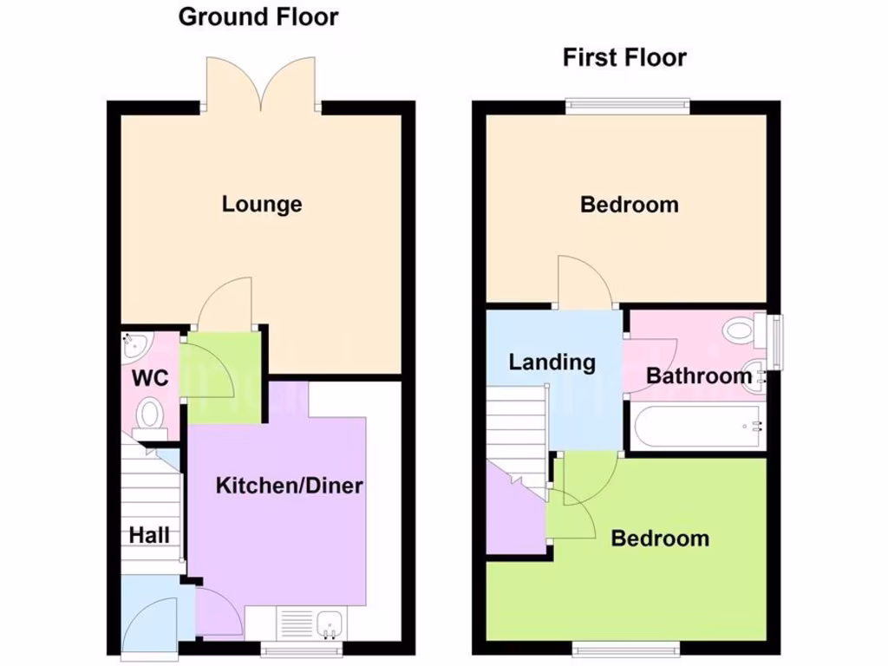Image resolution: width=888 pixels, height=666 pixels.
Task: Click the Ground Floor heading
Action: click(258, 16)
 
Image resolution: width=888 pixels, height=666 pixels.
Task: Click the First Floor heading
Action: click(624, 58)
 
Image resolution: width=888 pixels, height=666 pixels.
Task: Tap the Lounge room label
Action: click(262, 204)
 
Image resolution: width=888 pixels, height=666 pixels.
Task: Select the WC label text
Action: click(149, 379)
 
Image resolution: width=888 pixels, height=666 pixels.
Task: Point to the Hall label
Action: click(149, 535)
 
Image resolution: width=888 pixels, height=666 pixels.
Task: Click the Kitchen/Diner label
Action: click(289, 486)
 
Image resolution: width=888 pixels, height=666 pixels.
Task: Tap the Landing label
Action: click(552, 362)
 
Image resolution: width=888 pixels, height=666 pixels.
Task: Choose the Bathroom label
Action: click(698, 376)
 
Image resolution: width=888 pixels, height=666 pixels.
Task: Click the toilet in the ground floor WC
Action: click(151, 414)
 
